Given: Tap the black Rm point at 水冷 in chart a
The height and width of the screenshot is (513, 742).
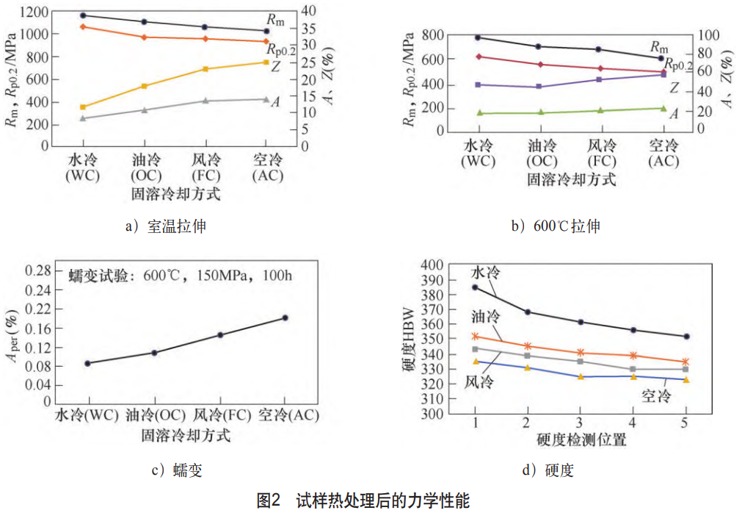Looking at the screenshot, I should pos(83,15).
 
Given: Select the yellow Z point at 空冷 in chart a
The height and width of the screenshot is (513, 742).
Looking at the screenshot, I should pos(266,62).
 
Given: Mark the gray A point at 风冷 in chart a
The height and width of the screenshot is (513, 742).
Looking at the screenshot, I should pos(205,101).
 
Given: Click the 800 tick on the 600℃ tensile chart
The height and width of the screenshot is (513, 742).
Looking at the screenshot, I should pos(429,35).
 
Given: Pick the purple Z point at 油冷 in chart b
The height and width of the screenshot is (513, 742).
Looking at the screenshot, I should pos(539,87).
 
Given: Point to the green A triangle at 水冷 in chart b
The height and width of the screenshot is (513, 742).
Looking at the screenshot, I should pos(479,112).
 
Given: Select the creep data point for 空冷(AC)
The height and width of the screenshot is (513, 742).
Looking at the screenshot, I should pos(285,318).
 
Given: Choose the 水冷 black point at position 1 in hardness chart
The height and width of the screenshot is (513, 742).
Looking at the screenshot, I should pos(475,287).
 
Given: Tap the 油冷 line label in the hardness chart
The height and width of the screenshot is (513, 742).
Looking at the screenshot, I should pos(485,317).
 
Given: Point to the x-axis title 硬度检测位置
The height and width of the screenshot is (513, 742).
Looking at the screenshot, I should pos(581,440).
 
